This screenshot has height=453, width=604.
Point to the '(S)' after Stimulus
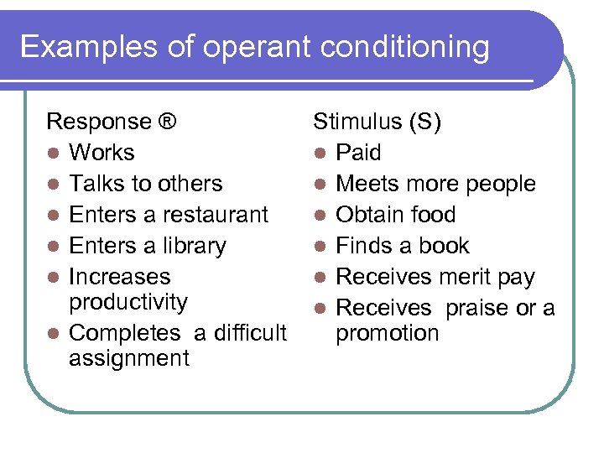point(425,122)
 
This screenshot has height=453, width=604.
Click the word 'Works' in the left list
point(102,153)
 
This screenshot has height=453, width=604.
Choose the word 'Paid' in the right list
point(358,153)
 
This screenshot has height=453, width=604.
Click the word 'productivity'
point(128,302)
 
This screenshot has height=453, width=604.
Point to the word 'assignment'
point(129,358)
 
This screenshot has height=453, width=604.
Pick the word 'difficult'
point(250,333)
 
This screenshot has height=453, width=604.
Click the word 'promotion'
point(387,333)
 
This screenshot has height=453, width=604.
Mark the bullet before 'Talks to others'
point(53,185)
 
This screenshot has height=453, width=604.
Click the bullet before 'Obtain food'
point(320,216)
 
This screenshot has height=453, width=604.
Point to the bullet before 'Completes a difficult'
point(53,334)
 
